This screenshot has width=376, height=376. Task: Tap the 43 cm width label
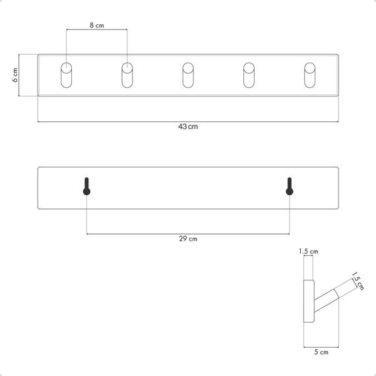point(188,127)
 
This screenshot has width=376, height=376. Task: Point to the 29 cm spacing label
point(188,239)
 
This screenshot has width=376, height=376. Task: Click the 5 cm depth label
point(321,353)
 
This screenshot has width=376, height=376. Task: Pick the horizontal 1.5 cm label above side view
point(309,251)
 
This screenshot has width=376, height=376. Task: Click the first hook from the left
point(67,75)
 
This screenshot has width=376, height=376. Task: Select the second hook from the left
point(127,75)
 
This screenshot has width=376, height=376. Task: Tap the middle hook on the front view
point(188,75)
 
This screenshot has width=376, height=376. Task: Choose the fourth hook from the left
point(249,75)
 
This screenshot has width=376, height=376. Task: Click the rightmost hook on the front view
point(309,75)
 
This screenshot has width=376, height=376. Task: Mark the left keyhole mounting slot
point(86,187)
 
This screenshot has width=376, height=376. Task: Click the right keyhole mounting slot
point(289,187)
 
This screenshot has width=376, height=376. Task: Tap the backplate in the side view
point(307,301)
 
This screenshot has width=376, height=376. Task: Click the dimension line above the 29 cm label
point(188,233)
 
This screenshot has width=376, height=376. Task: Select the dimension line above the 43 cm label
point(188,121)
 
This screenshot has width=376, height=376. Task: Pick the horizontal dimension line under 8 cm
point(97,30)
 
